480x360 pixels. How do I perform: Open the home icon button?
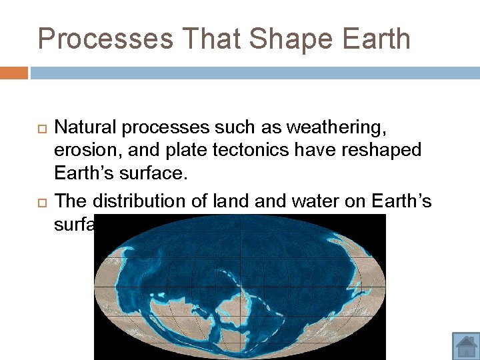[x=466, y=346]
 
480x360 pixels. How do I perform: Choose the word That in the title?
[x=196, y=39]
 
